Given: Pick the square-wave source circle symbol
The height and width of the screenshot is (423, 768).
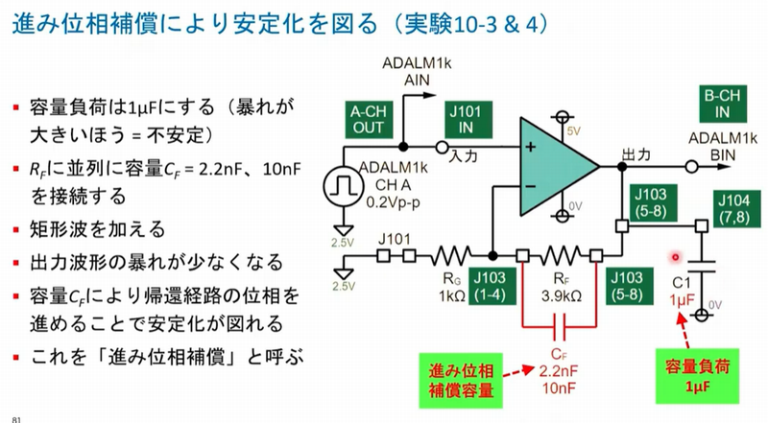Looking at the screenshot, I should click(x=343, y=183).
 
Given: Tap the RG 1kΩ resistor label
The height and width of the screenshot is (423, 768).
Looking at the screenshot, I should click(x=450, y=287).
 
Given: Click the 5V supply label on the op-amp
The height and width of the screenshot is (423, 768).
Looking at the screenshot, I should click(x=573, y=130).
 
